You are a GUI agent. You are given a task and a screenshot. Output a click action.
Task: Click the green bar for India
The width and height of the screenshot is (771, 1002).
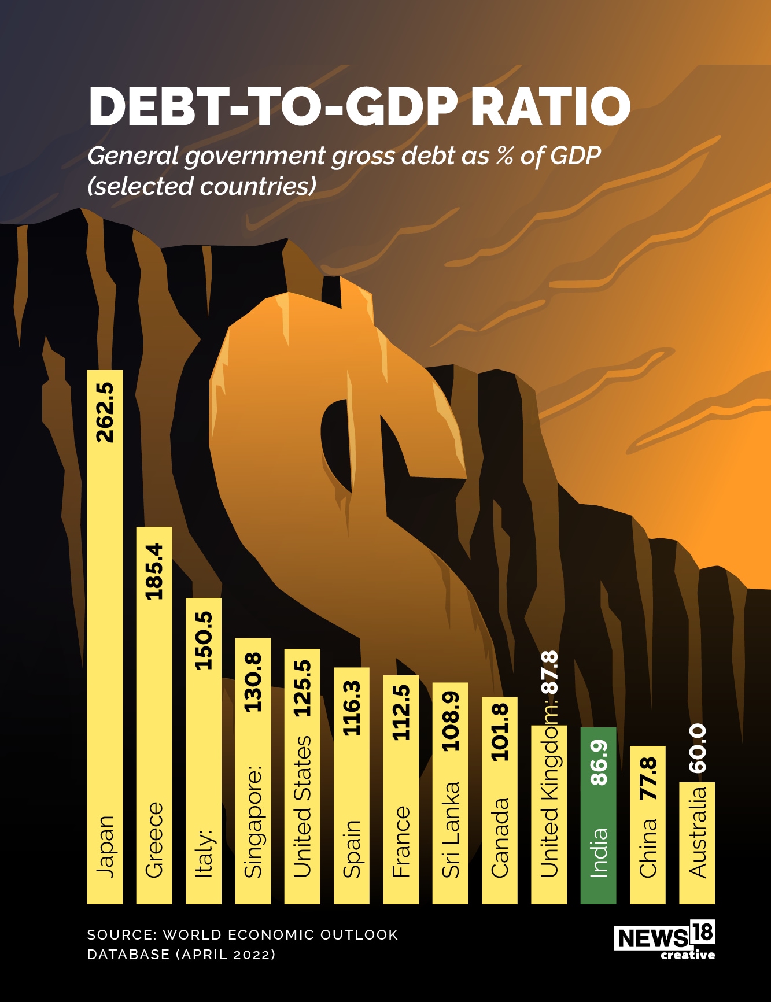tap(598, 815)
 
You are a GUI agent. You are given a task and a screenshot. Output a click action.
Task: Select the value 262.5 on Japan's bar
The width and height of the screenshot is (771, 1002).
tap(105, 413)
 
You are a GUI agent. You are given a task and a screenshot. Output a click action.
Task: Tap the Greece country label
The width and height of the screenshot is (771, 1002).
tap(154, 840)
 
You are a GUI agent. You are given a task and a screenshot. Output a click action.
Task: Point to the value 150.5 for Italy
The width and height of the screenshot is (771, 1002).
tap(204, 641)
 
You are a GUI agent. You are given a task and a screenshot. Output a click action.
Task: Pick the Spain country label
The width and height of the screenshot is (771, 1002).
tap(352, 848)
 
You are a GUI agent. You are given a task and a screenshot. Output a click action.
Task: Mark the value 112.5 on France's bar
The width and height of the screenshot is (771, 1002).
tap(401, 712)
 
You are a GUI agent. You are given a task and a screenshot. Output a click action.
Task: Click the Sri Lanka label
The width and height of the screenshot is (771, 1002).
tap(451, 829)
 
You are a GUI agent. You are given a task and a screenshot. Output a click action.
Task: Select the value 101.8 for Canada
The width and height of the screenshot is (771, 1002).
tap(500, 731)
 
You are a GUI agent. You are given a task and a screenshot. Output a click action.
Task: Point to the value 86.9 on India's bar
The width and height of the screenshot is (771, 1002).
tap(599, 762)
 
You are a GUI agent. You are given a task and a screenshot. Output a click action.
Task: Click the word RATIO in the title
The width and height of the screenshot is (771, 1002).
tap(550, 106)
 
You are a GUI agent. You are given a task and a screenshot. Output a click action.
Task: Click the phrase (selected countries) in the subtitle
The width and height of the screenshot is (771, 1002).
tap(202, 186)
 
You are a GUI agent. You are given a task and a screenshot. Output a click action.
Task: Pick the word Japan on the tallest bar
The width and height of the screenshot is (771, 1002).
tap(105, 846)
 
